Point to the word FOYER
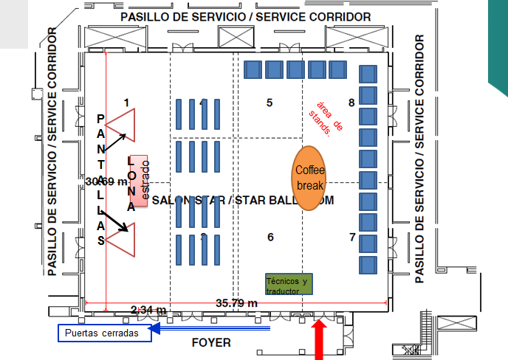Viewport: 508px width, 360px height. pos(211,342)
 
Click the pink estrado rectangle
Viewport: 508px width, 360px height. pos(140,180)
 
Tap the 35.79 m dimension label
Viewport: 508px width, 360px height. pos(236,302)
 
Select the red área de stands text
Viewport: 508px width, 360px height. pos(328,117)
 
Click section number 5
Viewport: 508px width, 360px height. pos(270,103)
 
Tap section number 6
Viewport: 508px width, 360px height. pos(270,237)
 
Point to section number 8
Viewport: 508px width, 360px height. pos(351,103)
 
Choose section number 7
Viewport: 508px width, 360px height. pos(352,237)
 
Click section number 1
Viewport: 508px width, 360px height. pos(126,102)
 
